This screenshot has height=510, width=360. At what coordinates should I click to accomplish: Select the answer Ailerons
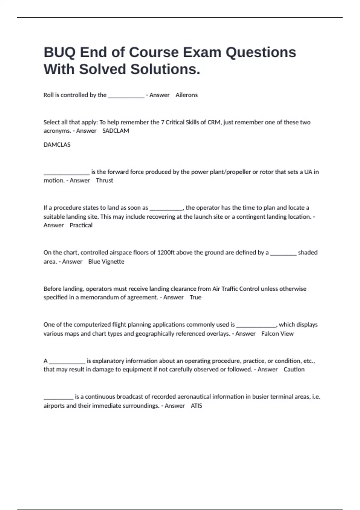pyautogui.click(x=186, y=95)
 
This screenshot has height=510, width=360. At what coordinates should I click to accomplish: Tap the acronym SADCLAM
pyautogui.click(x=116, y=131)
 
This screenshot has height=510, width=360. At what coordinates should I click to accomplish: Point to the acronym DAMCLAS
pyautogui.click(x=57, y=145)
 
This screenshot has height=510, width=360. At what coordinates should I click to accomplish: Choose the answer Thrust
pyautogui.click(x=104, y=180)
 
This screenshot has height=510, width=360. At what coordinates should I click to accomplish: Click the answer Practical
pyautogui.click(x=81, y=225)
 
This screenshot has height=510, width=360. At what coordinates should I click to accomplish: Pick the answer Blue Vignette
pyautogui.click(x=106, y=262)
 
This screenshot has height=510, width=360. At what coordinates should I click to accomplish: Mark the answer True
pyautogui.click(x=195, y=297)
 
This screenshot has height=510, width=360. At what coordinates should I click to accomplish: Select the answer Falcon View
pyautogui.click(x=277, y=334)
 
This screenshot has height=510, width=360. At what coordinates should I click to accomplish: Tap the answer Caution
pyautogui.click(x=294, y=369)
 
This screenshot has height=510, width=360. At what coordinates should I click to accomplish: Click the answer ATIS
pyautogui.click(x=196, y=406)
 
